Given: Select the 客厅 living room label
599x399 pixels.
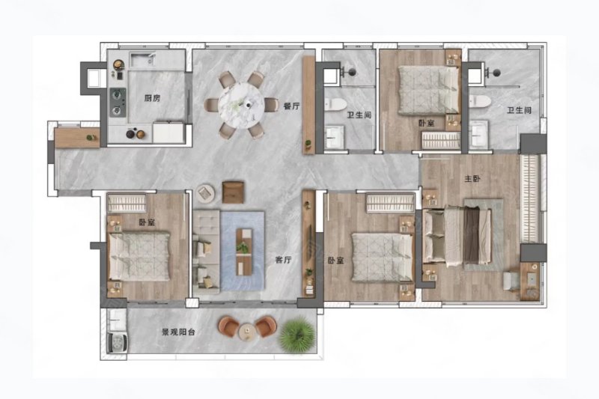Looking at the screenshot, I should coord(282,260).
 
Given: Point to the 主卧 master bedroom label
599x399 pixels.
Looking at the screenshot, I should coord(472,179).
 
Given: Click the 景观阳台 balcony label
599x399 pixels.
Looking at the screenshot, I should coord(178,331).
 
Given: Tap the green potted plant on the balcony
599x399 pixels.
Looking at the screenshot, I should coord(297,333).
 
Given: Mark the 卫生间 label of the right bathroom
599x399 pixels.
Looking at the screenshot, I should coord(519,111).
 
